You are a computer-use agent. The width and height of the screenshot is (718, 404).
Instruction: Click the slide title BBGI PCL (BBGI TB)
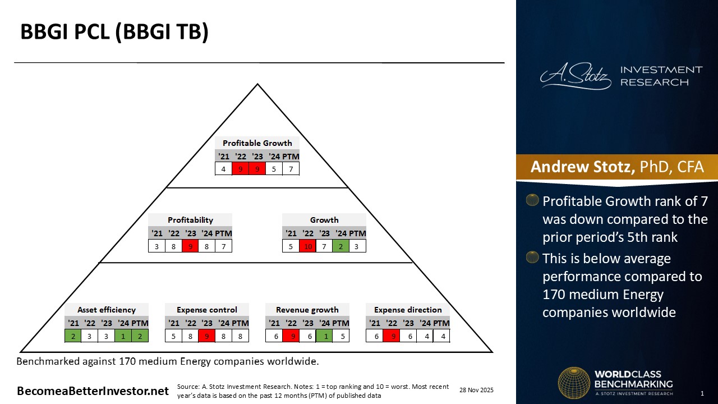114,32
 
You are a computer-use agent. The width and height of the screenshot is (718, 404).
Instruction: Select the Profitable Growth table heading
257,143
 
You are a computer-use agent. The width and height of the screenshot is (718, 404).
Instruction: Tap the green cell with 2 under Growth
340,246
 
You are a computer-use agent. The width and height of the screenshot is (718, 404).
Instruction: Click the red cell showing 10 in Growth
307,246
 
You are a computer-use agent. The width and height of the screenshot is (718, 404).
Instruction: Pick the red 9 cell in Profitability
190,246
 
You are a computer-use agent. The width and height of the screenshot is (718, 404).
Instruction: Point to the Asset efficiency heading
107,310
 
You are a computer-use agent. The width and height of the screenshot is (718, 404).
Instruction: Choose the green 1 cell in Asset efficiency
123,336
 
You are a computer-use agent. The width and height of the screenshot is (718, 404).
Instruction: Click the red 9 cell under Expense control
207,336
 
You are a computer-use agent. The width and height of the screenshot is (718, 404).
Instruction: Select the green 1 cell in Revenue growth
324,336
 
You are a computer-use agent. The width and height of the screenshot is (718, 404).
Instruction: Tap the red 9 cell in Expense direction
391,336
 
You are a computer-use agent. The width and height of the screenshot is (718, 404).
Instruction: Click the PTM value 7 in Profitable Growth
291,168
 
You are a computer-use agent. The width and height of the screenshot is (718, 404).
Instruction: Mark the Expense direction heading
408,310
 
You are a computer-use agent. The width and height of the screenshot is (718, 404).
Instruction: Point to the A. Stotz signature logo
576,77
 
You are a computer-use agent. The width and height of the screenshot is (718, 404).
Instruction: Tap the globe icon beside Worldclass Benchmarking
573,383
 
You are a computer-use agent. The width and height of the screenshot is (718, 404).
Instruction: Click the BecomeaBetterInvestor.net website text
93,391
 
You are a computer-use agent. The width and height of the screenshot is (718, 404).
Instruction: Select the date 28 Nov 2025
476,390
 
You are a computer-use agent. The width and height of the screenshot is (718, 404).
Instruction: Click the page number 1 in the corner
702,393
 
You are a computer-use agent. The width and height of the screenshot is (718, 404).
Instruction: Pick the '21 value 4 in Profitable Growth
224,168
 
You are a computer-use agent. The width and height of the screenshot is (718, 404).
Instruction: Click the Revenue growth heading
307,310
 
